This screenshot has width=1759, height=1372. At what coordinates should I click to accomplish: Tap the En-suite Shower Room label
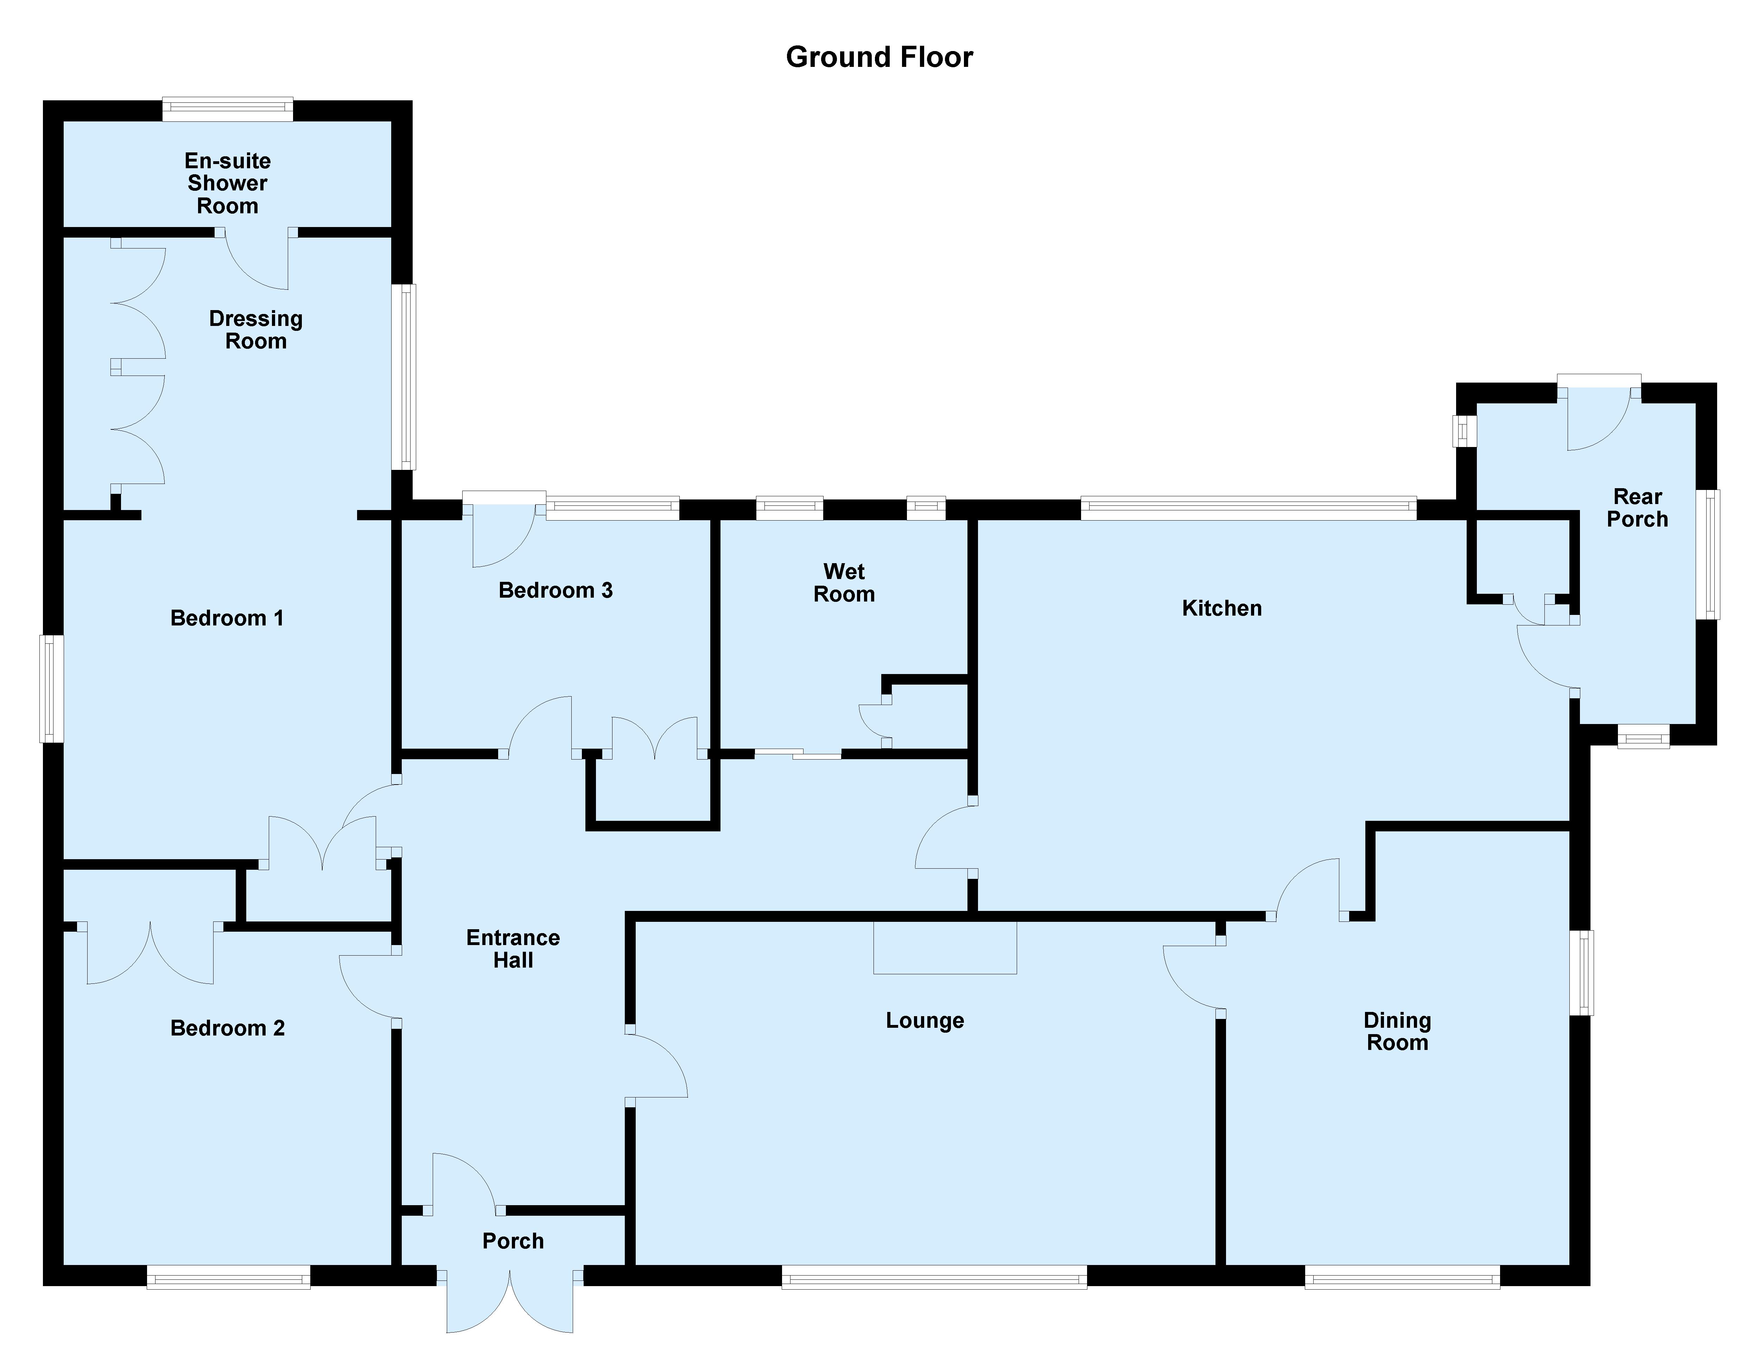228,184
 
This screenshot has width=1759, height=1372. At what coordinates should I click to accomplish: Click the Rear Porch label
1637,508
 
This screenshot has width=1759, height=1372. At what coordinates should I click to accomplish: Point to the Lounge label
925,1021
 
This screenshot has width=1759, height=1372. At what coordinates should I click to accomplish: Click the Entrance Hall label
513,949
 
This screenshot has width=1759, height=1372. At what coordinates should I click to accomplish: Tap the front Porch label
513,1241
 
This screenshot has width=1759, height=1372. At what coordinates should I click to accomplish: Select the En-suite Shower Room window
228,109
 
